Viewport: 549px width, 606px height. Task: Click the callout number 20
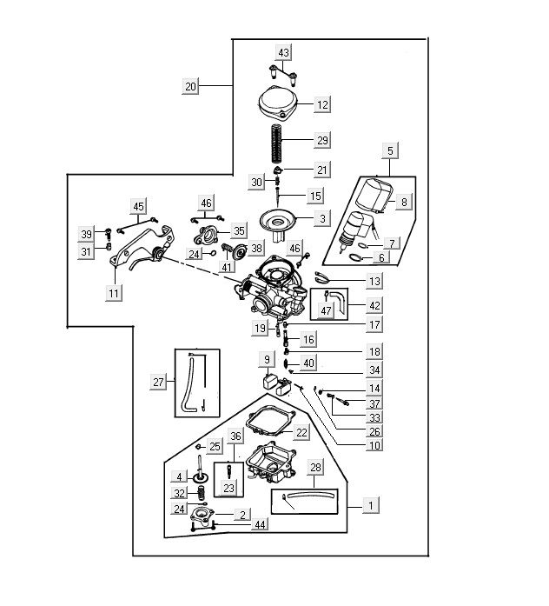tap(191, 86)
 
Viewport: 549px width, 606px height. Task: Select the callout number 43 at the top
tap(283, 53)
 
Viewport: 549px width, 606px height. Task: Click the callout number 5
tap(391, 151)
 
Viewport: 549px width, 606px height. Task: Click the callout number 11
tap(114, 293)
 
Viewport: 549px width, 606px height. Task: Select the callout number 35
tap(239, 230)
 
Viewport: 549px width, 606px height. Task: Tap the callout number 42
tap(374, 306)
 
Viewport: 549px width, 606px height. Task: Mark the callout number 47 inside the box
tap(327, 310)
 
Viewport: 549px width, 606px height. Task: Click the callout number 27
tap(158, 382)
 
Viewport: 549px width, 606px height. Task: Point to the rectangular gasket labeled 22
tap(266, 423)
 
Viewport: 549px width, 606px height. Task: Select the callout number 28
tap(314, 469)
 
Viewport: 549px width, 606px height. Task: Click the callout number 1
tap(371, 504)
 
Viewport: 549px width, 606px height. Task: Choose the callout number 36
tap(235, 436)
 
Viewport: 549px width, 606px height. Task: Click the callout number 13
tap(374, 281)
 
